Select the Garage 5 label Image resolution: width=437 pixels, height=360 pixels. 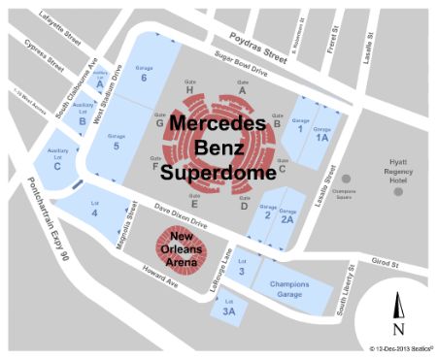117,142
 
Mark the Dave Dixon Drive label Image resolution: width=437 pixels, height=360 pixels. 174,213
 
